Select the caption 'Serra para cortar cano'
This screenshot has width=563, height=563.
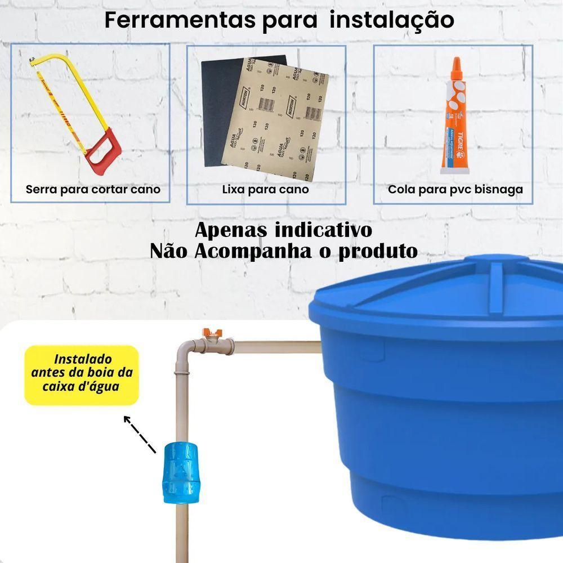point(93,189)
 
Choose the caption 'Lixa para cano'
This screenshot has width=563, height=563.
point(265,189)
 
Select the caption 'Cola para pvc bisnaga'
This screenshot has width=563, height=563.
point(455,189)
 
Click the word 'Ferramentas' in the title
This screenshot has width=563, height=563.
point(180,20)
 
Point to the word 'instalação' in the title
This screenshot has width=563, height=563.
point(392,20)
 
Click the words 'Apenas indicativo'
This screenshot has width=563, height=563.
point(283,231)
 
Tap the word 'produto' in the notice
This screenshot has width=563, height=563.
point(378,251)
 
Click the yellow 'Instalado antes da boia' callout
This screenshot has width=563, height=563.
point(82,374)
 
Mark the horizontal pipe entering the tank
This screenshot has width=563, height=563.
point(276,346)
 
